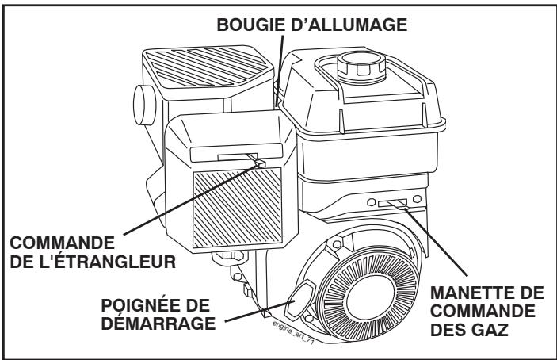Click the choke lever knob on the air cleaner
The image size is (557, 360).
tap(257, 161)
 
